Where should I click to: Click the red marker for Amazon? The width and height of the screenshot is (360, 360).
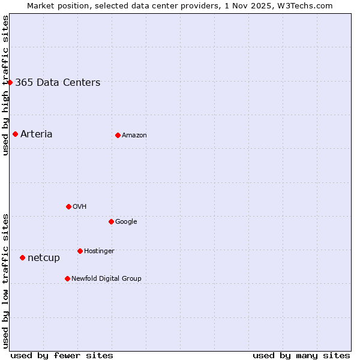[x=118, y=135]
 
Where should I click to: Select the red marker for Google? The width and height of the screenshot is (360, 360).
[x=111, y=221]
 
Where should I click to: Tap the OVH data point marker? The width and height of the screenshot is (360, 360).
[x=68, y=206]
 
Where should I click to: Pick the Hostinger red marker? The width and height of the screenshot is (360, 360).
[x=80, y=251]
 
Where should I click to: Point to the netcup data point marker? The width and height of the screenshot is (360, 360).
[x=22, y=257]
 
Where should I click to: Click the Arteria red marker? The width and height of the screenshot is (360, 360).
[x=15, y=134]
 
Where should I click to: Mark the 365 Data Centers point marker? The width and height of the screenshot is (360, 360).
[x=10, y=82]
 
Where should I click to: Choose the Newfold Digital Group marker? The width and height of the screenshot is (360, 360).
[x=67, y=278]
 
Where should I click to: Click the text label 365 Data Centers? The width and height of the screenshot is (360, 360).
[x=58, y=83]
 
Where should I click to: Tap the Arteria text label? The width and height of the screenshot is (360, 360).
[x=37, y=134]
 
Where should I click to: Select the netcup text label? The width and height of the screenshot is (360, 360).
[x=44, y=258]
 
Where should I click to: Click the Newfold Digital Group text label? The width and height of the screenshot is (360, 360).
[x=106, y=278]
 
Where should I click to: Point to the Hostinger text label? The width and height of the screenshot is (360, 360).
[x=99, y=251]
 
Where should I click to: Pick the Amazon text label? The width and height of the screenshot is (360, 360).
[x=134, y=136]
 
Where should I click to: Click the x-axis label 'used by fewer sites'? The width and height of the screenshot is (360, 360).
[x=62, y=355]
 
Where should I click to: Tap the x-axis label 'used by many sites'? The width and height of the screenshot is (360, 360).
[x=301, y=355]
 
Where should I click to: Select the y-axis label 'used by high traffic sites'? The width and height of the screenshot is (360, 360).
[x=5, y=85]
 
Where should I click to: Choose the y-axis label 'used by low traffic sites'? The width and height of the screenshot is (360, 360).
[x=5, y=281]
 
